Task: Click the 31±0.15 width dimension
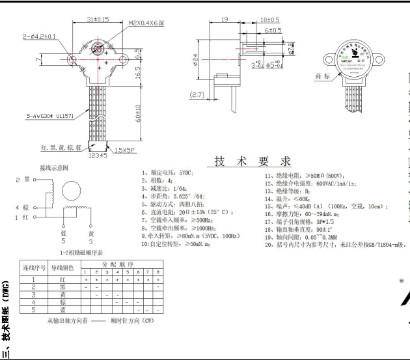[x=98, y=20]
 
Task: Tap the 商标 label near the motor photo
[x=323, y=76]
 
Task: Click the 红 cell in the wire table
[x=63, y=279]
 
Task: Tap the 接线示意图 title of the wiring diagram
[x=55, y=167]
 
